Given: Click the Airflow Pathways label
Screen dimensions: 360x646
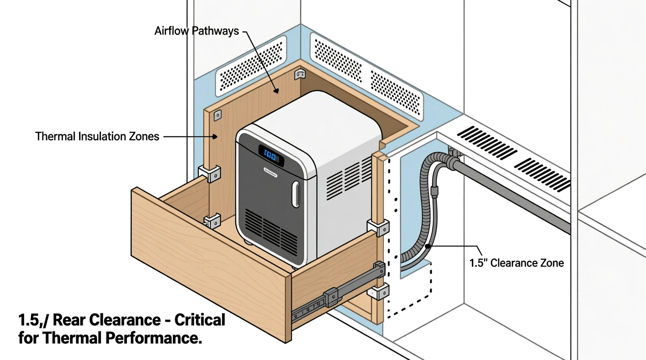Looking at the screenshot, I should tap(197, 31).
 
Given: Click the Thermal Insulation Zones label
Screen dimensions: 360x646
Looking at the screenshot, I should tap(97, 136).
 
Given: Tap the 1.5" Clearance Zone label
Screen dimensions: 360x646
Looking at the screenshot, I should tap(516, 263).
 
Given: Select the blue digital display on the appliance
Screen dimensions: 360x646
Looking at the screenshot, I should tap(270, 155).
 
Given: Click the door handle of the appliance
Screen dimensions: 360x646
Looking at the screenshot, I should tap(296, 195).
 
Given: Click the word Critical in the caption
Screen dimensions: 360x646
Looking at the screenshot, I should tap(200, 320).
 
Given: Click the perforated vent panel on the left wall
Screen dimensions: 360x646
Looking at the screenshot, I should tap(251, 66).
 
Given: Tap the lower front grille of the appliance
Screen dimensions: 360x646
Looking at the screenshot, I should tap(271, 230).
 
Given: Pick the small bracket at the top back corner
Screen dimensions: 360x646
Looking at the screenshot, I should tap(300, 74).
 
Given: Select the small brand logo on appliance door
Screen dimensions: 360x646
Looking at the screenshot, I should tap(271, 172).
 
